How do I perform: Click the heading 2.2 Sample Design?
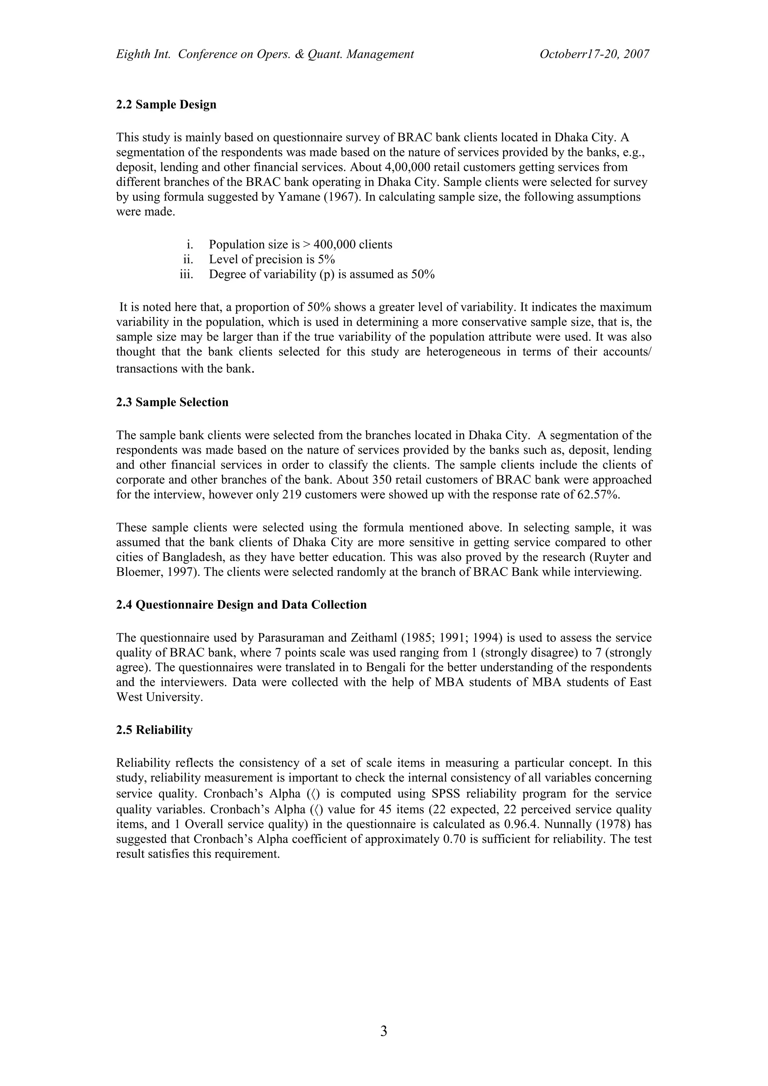point(166,105)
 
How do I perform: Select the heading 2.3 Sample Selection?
point(172,402)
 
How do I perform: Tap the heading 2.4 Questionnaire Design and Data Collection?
point(241,605)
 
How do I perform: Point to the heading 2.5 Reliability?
point(154,730)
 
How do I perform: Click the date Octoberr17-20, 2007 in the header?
point(594,54)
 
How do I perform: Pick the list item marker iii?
point(187,274)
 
